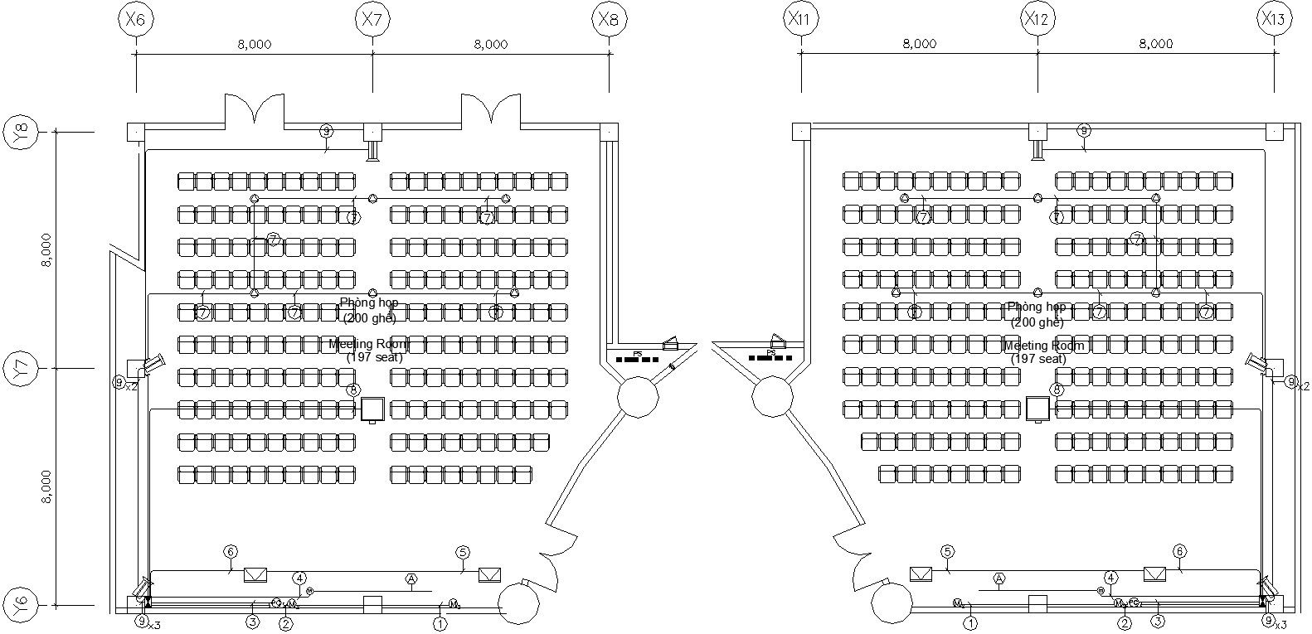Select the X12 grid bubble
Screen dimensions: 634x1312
tap(1037, 18)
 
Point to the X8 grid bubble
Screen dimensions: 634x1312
tap(610, 18)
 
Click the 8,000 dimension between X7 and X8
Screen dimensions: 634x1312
tap(490, 45)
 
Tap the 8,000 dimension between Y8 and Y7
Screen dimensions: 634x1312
tap(47, 249)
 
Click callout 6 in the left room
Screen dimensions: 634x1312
tap(231, 552)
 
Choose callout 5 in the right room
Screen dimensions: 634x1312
tap(947, 552)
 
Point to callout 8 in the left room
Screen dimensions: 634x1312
tap(354, 390)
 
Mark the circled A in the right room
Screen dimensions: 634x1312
tap(999, 578)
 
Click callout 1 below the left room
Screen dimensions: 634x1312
tap(440, 623)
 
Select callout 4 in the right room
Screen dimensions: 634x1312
tap(1110, 578)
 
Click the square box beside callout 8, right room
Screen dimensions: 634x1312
tap(1037, 409)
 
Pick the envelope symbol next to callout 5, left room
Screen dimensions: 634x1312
tap(489, 574)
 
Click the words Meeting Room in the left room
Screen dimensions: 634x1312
tap(368, 344)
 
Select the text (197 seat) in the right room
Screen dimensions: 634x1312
tap(1038, 359)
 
